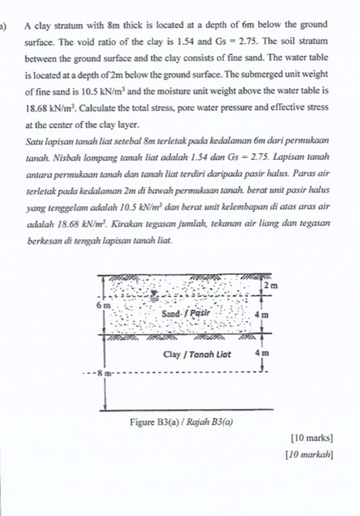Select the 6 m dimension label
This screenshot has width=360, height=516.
[x=103, y=302]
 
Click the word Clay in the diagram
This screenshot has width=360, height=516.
[x=173, y=353]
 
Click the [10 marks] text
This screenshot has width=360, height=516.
[x=312, y=438]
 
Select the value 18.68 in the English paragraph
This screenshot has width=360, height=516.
[x=35, y=104]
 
